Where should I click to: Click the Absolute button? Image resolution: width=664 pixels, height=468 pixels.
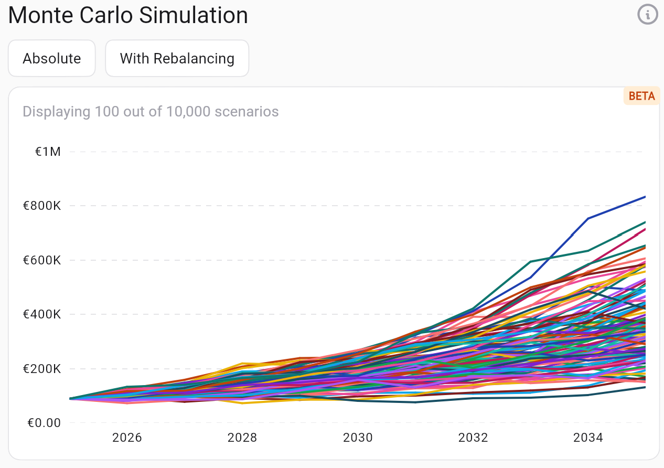point(51,58)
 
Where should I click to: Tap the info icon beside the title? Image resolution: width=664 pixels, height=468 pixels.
point(648,15)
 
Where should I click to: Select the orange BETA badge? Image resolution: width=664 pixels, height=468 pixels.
point(641,96)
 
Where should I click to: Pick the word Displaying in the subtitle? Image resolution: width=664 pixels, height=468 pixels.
point(56,112)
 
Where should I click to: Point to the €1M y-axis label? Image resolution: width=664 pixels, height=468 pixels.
point(48,152)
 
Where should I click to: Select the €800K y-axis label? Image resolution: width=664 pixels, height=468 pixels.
point(42,206)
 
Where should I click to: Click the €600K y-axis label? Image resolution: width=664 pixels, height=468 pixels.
point(42,260)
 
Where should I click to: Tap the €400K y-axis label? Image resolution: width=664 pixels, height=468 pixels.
point(42,315)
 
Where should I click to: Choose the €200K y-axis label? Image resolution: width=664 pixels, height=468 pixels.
point(42,369)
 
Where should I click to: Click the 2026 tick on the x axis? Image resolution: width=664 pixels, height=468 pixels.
point(127,438)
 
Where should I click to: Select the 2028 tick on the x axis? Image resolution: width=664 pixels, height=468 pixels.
point(242,438)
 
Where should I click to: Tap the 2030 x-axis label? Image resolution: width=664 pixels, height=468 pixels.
point(358,438)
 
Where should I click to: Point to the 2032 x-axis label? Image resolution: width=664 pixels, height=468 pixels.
point(473,438)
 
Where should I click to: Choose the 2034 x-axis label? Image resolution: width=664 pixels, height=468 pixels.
point(588,438)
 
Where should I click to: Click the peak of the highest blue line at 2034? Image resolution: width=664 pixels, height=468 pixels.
point(588,218)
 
